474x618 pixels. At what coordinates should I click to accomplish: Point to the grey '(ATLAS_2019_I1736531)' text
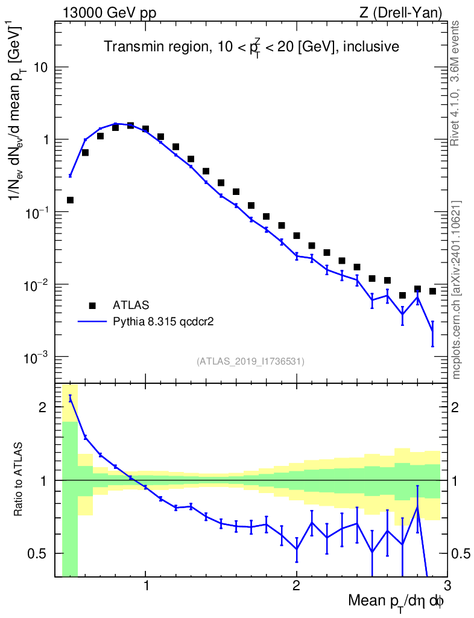pyautogui.click(x=250, y=362)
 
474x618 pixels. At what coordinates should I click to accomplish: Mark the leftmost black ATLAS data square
pyautogui.click(x=70, y=200)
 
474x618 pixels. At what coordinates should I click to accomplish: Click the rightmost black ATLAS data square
pyautogui.click(x=432, y=291)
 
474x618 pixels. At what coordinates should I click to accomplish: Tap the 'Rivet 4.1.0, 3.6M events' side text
pyautogui.click(x=457, y=83)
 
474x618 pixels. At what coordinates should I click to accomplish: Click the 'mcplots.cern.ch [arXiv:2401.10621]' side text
pyautogui.click(x=457, y=290)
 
